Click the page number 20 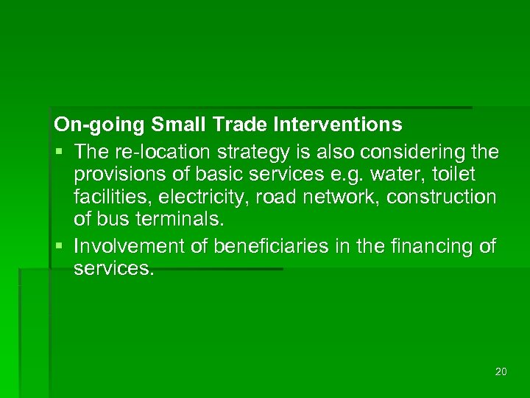(x=501, y=371)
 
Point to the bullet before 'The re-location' (x=59, y=153)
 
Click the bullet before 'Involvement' (x=59, y=245)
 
